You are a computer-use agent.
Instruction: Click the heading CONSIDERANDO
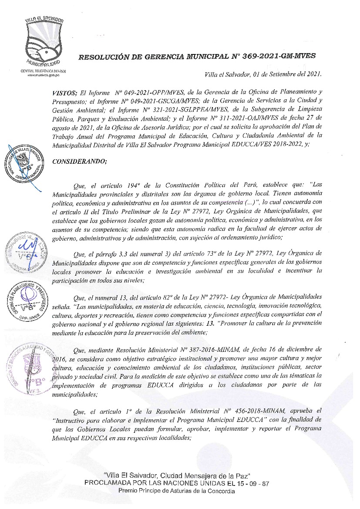(x=79, y=149)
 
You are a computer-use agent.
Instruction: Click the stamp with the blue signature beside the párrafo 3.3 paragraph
(x=26, y=251)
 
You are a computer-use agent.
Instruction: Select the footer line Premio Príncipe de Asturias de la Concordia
(x=177, y=491)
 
